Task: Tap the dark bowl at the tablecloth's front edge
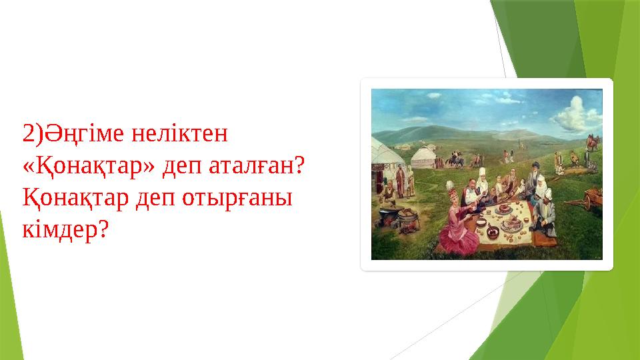493,232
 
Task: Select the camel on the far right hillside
592,141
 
